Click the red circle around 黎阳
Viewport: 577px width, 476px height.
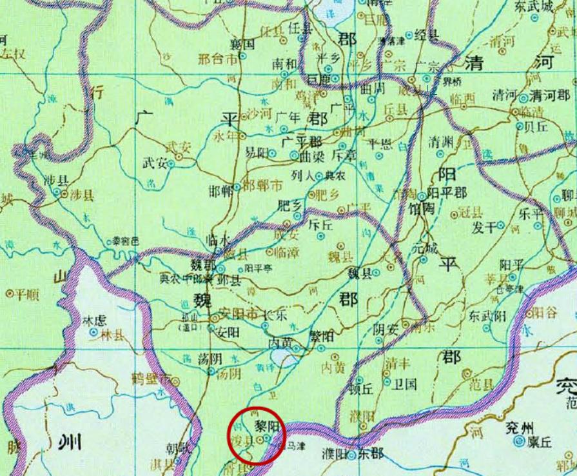[256, 434]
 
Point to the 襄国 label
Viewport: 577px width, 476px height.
[244, 45]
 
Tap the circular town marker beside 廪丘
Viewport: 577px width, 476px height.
[520, 442]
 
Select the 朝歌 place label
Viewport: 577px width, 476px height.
[177, 447]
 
